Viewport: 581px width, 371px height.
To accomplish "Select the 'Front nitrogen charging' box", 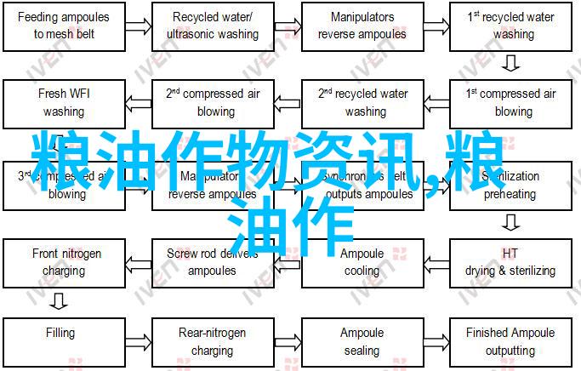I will (66, 262).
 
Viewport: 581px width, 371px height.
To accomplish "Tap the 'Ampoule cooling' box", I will (362, 262).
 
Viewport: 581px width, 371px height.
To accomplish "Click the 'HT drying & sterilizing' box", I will (510, 262).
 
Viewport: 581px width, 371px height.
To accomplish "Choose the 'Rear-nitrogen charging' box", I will (213, 340).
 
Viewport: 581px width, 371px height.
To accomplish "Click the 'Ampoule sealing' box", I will (362, 340).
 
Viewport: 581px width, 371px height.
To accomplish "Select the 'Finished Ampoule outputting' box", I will (510, 340).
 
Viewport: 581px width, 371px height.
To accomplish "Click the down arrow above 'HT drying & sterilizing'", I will (510, 224).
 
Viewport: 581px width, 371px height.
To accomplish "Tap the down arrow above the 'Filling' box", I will (59, 300).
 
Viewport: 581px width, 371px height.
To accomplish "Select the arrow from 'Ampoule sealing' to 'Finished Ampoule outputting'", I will (437, 340).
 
